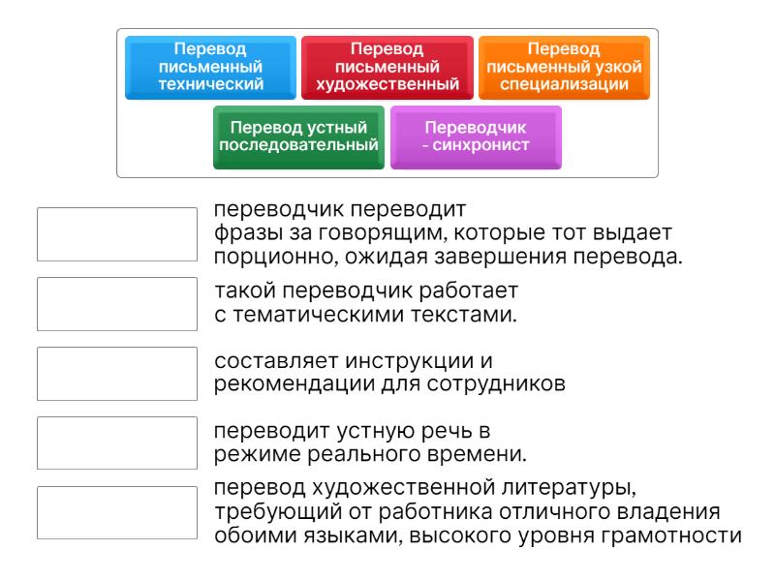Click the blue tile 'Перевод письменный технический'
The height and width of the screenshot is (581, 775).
pos(210,67)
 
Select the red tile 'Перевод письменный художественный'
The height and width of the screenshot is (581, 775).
pos(387,67)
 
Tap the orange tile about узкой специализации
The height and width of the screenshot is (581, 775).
pos(564,67)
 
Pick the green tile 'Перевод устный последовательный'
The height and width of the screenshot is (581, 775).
pos(298,137)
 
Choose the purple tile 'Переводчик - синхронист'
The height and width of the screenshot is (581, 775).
pos(476,137)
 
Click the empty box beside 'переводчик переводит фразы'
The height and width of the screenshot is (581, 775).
pos(116,234)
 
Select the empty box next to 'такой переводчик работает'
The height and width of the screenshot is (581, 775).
pos(116,304)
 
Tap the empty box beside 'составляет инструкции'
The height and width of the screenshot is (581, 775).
pos(116,374)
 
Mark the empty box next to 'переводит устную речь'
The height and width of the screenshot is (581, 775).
pos(116,443)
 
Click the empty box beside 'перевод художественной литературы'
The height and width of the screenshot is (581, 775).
pos(116,512)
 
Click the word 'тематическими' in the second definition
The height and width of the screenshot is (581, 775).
pos(306,315)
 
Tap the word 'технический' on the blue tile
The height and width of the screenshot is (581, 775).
pos(210,84)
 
